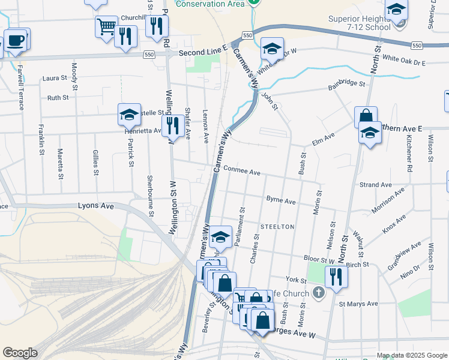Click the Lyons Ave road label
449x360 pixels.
coord(96,206)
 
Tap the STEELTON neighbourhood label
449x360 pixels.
coord(277,227)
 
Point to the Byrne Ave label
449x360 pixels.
coord(281,200)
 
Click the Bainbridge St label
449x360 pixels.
coord(346,85)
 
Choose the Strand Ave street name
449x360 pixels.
coord(375,185)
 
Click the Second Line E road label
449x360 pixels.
coord(203,53)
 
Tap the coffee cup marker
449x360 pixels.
coord(16,41)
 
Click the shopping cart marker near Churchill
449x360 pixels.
coord(106,26)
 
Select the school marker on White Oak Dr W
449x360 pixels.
coord(272,49)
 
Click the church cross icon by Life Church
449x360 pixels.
coord(319,293)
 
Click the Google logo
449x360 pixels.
coord(20,353)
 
